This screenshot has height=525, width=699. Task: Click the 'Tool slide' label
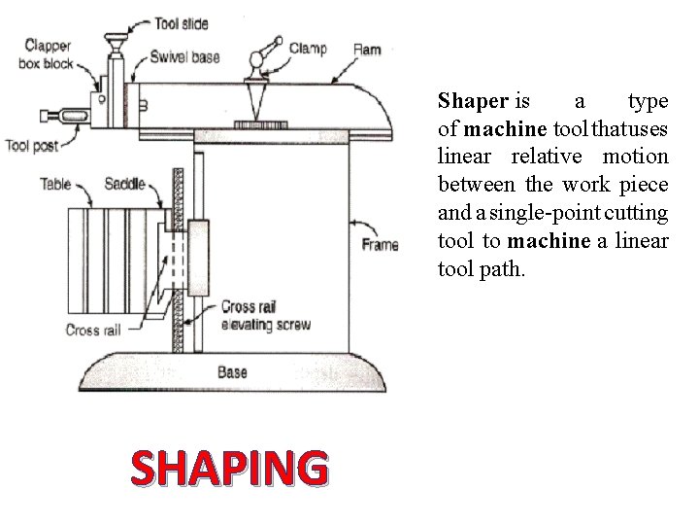point(182,23)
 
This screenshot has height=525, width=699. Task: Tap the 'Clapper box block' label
point(48,54)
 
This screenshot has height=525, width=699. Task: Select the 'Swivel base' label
point(184,57)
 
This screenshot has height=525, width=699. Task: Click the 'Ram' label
point(367,49)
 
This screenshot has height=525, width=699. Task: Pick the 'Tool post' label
point(32,146)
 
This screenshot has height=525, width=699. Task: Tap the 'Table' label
point(55,183)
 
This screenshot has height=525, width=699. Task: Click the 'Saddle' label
point(124,183)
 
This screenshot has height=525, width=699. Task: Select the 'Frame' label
point(379,244)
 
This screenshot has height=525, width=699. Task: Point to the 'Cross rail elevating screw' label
point(266,316)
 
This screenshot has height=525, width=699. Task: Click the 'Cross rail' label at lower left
point(93,330)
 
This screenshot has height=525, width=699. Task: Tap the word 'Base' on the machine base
point(232,371)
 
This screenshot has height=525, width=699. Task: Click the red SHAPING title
point(228,469)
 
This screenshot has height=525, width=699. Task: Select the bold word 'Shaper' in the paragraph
point(473,100)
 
